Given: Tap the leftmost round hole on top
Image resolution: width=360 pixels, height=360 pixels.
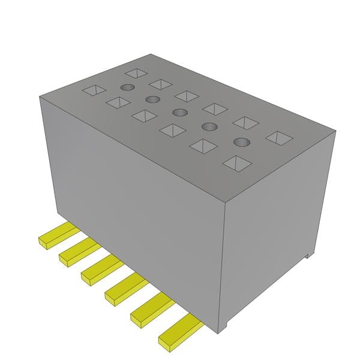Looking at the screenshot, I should click(x=126, y=88).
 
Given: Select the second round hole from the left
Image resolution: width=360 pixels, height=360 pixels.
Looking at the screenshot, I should click(x=152, y=100).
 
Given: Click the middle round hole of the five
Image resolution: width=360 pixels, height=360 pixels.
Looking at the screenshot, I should click(x=179, y=112).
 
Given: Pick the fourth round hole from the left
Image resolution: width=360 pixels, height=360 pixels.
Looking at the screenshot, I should click(x=209, y=126).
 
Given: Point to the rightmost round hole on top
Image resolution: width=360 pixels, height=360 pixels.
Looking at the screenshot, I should click(x=241, y=142).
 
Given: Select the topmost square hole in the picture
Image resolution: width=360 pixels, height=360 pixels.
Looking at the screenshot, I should click(x=136, y=73).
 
